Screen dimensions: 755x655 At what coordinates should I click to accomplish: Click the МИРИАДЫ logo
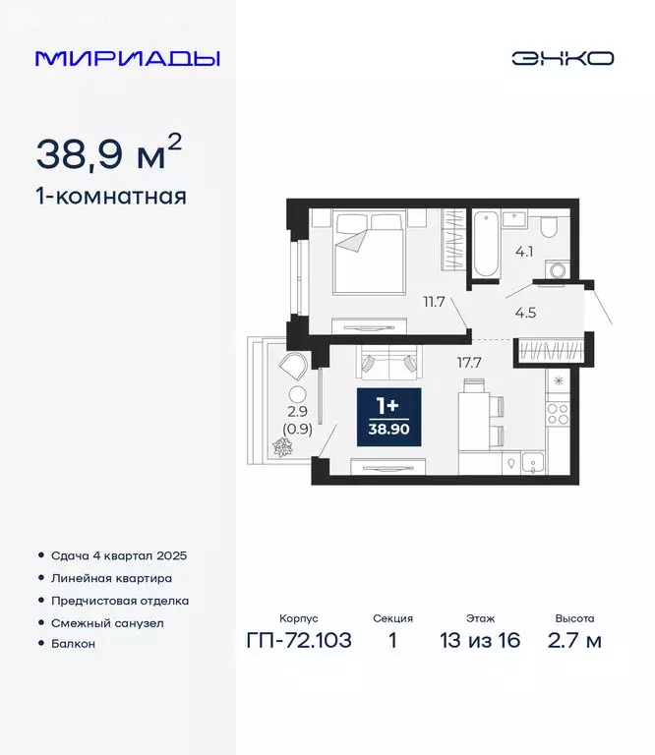(127, 58)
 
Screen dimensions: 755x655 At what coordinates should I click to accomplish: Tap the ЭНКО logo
(562, 58)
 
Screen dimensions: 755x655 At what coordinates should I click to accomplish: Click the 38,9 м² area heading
(108, 153)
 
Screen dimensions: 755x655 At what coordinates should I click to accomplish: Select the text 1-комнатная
(110, 197)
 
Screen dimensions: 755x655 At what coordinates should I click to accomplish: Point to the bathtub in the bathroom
(484, 243)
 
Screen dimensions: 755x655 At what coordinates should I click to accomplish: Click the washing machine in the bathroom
(559, 269)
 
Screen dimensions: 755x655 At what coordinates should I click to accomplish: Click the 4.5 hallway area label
(525, 315)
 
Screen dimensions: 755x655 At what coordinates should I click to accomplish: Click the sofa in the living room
(387, 364)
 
